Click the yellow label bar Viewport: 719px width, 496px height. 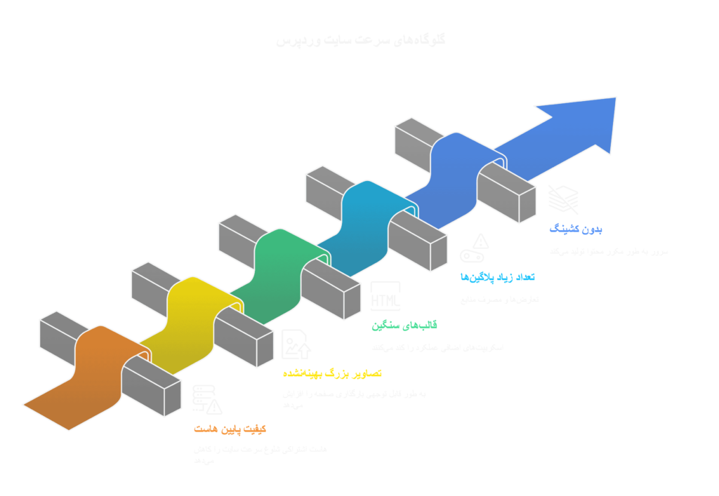pos(332,379)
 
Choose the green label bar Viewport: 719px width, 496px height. pos(416,327)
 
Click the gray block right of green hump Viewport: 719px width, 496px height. pos(330,291)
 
